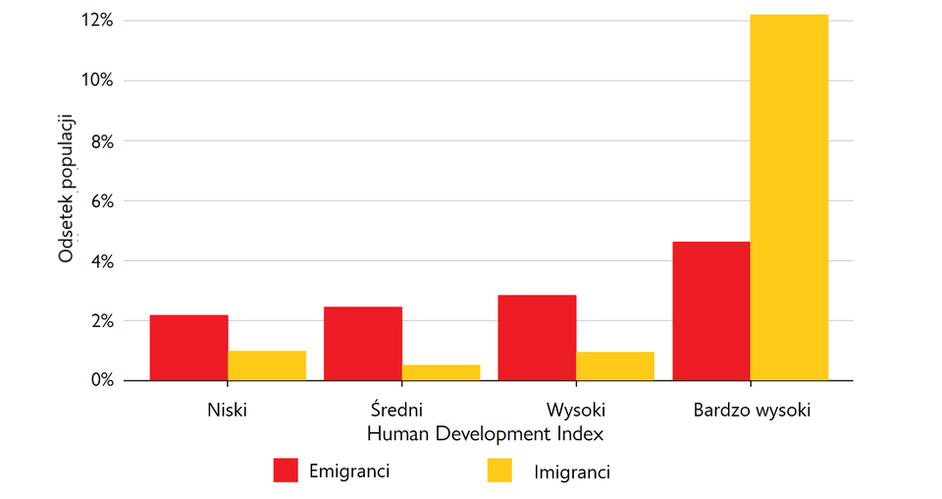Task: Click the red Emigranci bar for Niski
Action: [188, 348]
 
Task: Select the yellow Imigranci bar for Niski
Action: [267, 365]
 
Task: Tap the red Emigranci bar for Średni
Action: [362, 344]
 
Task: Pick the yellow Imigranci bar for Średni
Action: [441, 372]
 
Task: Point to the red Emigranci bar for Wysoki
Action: [537, 338]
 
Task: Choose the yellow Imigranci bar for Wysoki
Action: [615, 366]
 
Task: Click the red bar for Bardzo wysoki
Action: [710, 311]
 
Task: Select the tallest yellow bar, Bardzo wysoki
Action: [789, 197]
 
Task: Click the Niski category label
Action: [228, 410]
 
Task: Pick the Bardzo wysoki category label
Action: [752, 410]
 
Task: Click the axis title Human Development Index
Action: [484, 433]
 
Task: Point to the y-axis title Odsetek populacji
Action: [67, 189]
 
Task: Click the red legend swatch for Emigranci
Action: [286, 471]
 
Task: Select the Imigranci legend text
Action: [572, 472]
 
